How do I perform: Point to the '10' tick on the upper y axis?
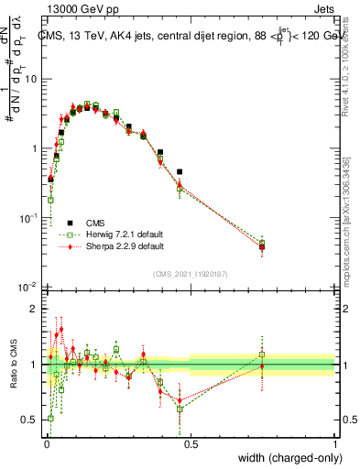pos(30,79)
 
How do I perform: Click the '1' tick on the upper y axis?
pos(34,148)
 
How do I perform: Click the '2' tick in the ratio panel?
pos(34,309)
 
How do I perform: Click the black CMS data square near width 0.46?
pos(180,171)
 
